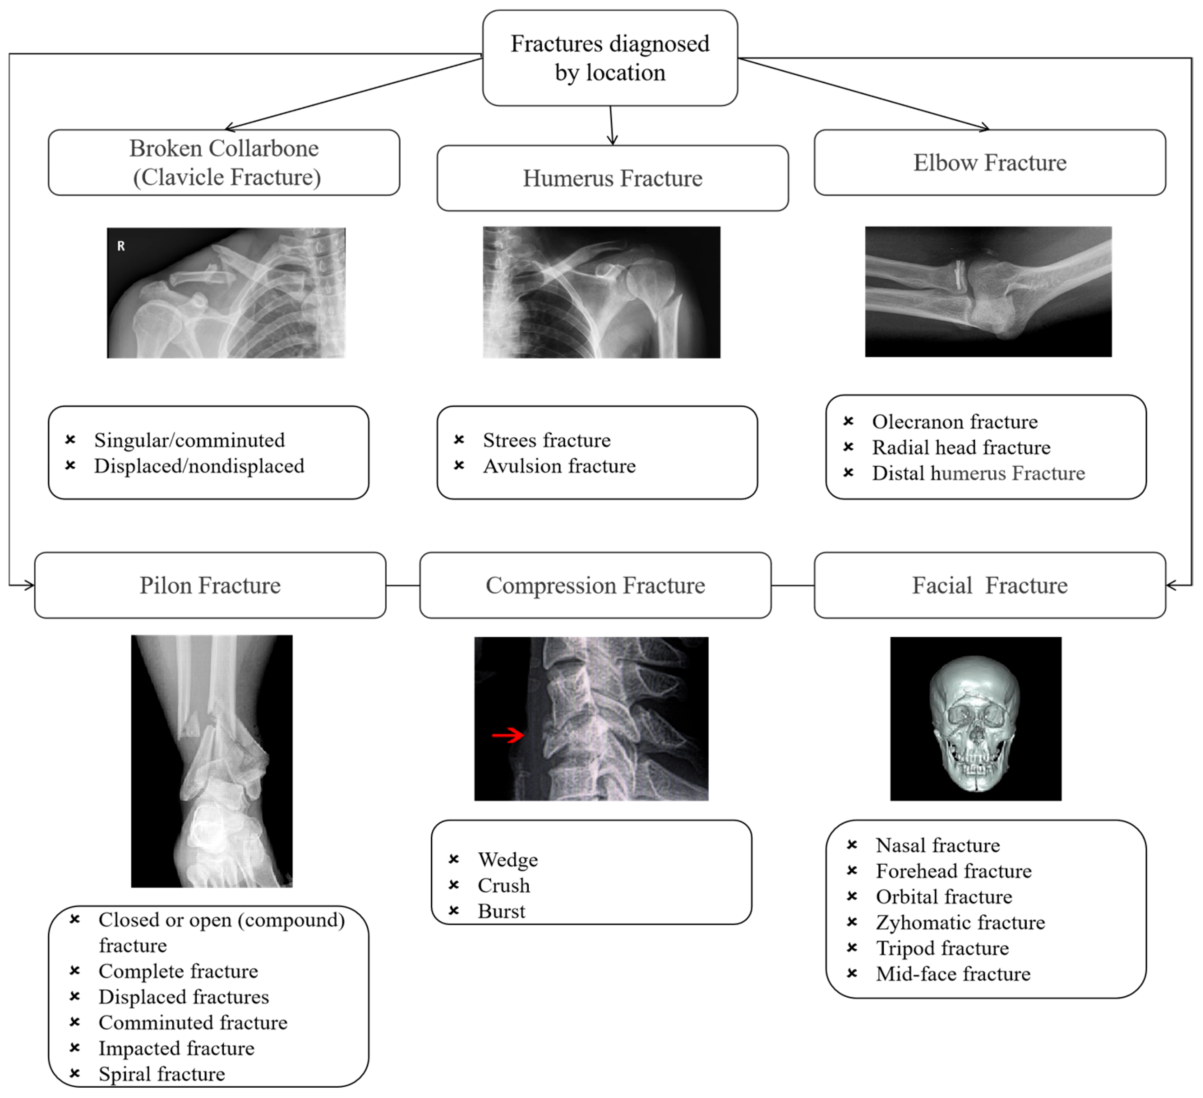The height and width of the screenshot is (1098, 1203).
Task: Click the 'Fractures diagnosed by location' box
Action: pos(610,58)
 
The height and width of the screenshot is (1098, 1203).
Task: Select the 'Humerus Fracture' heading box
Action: pos(612,178)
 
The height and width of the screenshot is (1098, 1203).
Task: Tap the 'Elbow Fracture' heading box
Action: pos(989,162)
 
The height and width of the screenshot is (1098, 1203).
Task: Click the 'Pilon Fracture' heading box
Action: pos(210,585)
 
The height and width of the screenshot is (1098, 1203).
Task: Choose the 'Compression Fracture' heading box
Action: pos(595,585)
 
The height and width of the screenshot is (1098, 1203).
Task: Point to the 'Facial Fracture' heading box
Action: pos(989,585)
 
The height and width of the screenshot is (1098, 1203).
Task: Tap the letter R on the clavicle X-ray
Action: pos(121,246)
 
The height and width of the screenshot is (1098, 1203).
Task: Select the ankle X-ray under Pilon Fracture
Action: pos(212,761)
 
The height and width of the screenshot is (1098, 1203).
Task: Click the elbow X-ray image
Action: pos(988,291)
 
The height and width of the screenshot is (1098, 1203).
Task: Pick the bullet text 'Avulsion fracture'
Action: pos(559,466)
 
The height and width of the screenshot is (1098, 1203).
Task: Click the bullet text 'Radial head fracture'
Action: pos(961,447)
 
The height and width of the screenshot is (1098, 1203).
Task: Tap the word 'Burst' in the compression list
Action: pos(501,911)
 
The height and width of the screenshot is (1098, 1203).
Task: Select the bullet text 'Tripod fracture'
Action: pos(942,948)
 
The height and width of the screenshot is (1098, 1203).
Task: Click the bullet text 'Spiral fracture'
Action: pos(162,1074)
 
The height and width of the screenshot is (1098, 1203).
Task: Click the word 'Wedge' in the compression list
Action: pos(508,860)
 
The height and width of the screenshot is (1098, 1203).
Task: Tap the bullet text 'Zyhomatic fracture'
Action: pos(960,922)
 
